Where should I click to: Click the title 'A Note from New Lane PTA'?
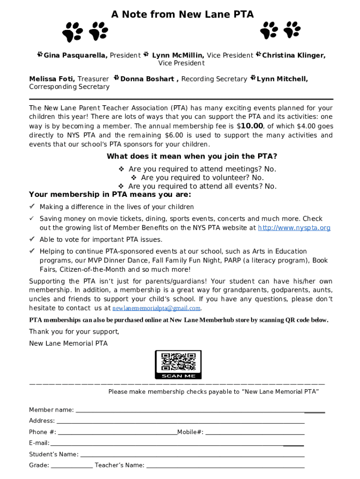tap(182, 15)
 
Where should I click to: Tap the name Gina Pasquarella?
tap(76, 55)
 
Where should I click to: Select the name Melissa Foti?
tap(51, 79)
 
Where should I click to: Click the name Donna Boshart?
tap(147, 79)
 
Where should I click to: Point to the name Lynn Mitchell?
tap(282, 79)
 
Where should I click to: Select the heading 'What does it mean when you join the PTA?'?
tap(192, 156)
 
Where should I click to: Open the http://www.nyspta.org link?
tap(294, 228)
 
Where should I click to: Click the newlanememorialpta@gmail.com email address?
tap(156, 308)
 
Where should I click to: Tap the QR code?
tap(178, 361)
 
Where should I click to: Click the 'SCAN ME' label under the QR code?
tap(178, 376)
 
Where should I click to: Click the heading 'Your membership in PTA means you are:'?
tap(110, 195)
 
